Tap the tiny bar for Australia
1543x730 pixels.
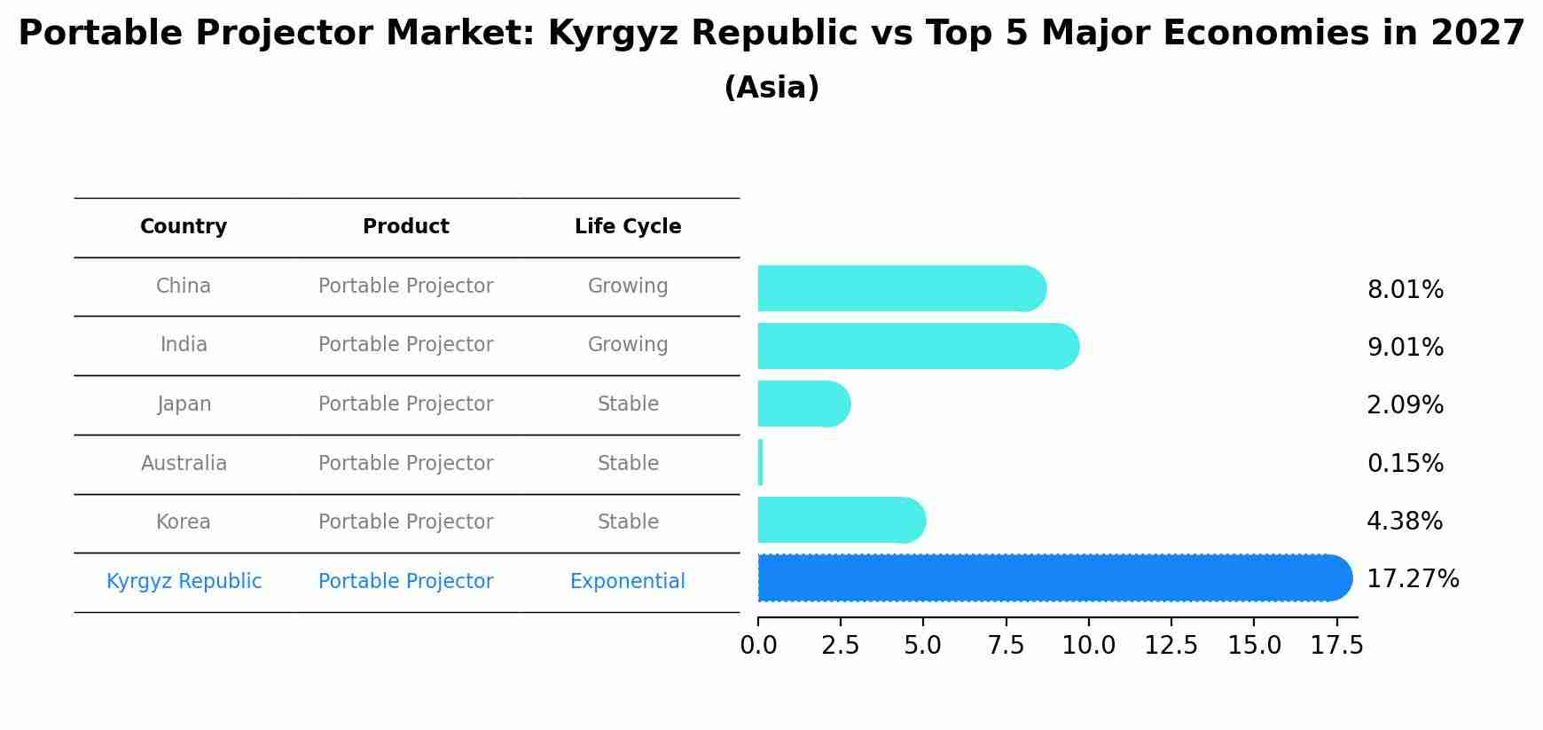[761, 463]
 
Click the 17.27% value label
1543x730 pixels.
[1413, 579]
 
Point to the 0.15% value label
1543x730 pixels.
[1406, 464]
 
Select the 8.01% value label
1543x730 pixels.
[1406, 290]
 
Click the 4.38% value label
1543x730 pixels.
[1405, 522]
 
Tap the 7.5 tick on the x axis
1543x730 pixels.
[1006, 646]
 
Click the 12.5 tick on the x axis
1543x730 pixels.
[1171, 646]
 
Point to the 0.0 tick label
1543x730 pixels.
[759, 646]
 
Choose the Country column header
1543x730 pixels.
[184, 227]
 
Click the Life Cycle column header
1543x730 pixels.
[628, 227]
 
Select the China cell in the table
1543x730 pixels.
[184, 287]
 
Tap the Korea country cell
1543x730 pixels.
[184, 522]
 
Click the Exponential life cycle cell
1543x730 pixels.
[628, 582]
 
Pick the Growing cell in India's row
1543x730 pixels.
[628, 345]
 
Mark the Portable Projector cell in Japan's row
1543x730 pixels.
[406, 404]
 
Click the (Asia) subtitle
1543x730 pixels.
[771, 88]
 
